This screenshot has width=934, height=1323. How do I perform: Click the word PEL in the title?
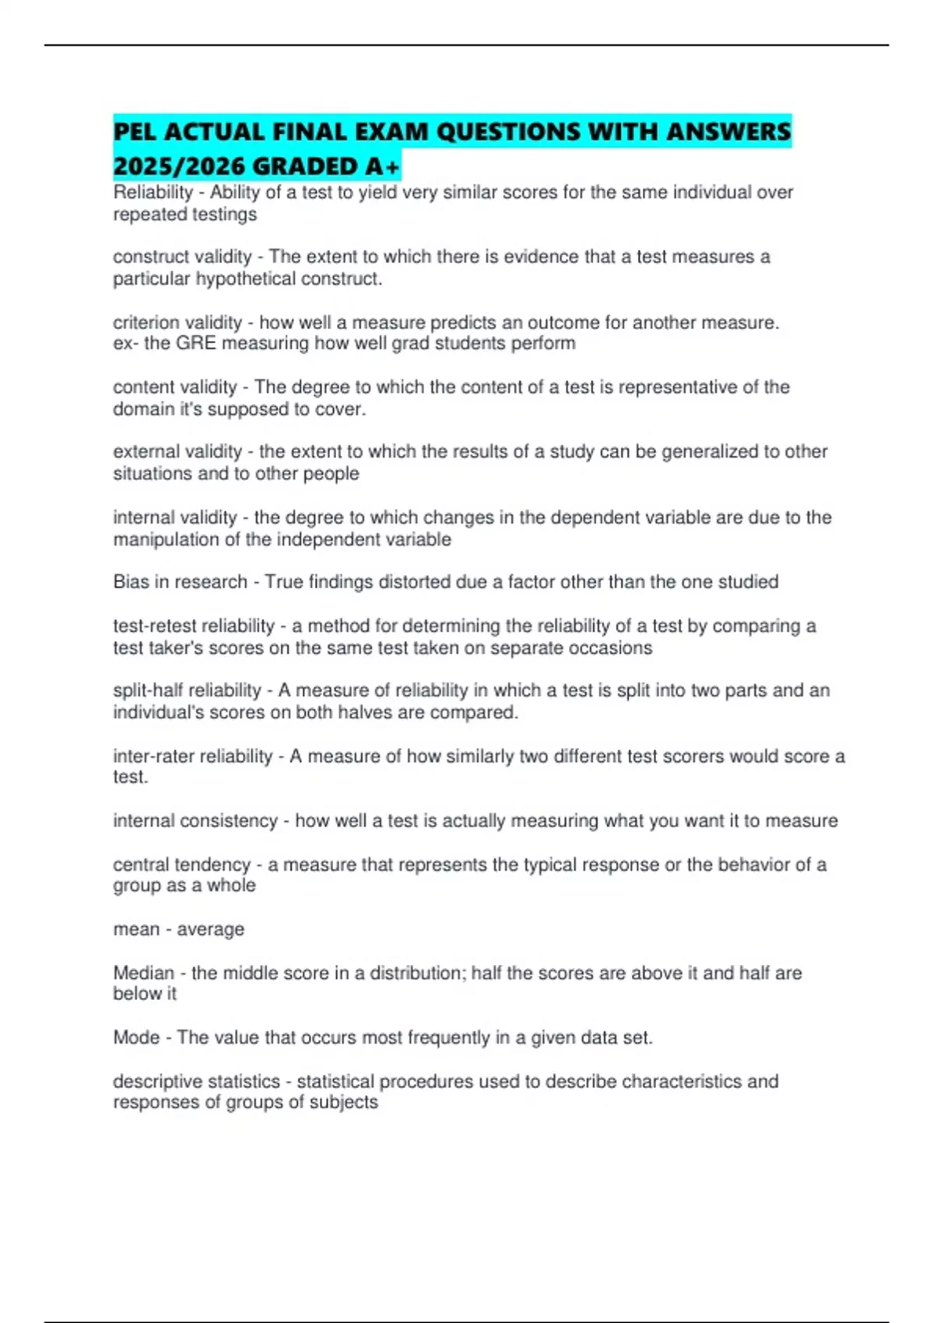click(134, 132)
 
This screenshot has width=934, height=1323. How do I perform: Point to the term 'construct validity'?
click(182, 257)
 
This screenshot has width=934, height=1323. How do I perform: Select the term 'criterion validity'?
click(177, 322)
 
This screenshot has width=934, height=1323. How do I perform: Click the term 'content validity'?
click(175, 387)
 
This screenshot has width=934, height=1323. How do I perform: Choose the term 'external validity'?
click(177, 451)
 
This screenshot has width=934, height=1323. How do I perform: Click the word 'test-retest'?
click(154, 626)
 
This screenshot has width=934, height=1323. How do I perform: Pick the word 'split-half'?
click(148, 690)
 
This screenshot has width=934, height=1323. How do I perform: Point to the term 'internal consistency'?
click(195, 820)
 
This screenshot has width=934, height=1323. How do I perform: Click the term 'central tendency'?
click(181, 865)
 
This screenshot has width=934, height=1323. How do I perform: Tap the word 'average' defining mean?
click(210, 929)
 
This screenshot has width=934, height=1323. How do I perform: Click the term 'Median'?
click(143, 973)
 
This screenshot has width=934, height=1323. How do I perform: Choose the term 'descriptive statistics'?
click(196, 1082)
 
